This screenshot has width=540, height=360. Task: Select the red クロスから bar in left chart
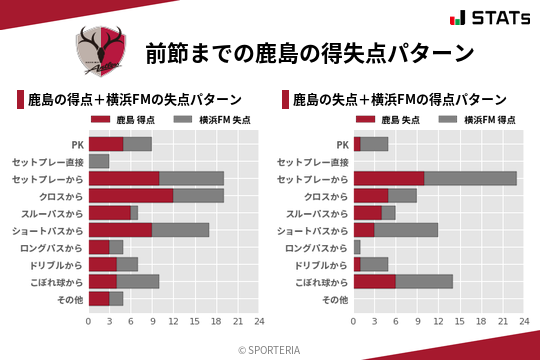click(x=131, y=195)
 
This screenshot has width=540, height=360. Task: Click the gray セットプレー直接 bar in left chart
click(x=99, y=161)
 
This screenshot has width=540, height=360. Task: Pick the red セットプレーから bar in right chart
click(x=389, y=178)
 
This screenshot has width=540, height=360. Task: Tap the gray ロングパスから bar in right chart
click(x=357, y=247)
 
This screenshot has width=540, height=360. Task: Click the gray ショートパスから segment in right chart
click(x=406, y=230)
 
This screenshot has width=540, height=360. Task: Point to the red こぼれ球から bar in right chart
click(x=375, y=281)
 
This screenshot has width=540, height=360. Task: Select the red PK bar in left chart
click(x=106, y=144)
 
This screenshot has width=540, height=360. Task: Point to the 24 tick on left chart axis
click(x=259, y=321)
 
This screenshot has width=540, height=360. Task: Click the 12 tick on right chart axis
click(x=439, y=321)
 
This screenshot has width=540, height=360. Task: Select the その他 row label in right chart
click(x=335, y=298)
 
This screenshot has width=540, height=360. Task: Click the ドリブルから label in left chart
click(x=61, y=264)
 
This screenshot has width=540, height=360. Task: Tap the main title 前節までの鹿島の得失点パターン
click(x=308, y=51)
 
